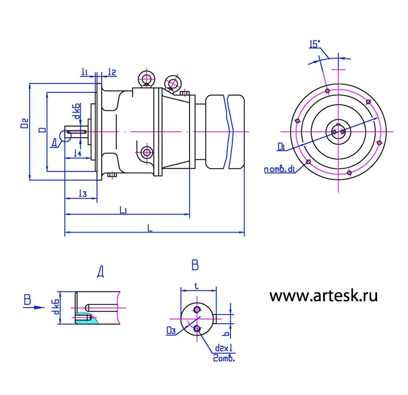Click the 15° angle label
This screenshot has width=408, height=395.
315,44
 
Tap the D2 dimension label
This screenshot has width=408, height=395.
24,124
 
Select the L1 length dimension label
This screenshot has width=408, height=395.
123,210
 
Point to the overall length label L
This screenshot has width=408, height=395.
150,227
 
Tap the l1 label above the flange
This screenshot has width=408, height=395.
85,72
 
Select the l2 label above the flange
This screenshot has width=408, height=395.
112,72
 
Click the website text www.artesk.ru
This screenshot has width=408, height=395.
323,296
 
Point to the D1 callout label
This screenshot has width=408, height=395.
281,146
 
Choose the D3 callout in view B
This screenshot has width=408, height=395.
171,330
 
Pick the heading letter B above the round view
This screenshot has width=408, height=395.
195,265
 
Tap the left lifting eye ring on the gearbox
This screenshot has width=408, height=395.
146,78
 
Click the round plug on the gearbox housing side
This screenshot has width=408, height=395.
146,151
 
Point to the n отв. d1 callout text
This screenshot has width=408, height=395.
279,169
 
